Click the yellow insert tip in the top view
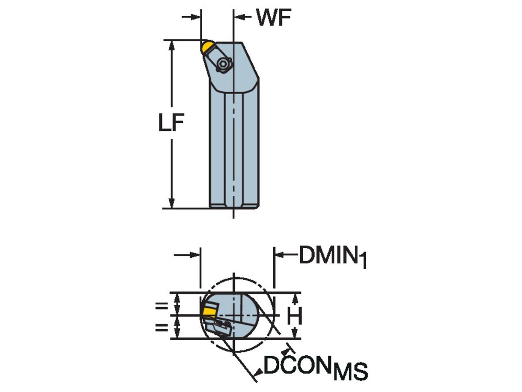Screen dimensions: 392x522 (x=207, y=46)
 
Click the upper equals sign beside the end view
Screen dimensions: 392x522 (x=161, y=306)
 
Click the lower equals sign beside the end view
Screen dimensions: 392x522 (x=161, y=327)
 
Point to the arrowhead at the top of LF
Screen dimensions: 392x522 (x=172, y=45)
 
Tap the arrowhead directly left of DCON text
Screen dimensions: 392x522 (x=258, y=371)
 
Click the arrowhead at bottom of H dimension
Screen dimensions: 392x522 (x=295, y=334)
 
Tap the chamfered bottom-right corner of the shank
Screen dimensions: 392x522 (x=257, y=206)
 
